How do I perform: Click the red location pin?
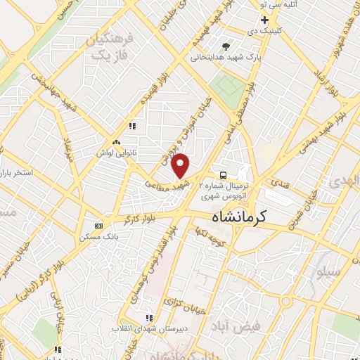point(181,165)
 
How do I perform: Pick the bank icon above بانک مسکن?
point(98,226)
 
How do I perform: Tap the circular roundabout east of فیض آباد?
point(285,302)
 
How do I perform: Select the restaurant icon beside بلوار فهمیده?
point(131,127)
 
